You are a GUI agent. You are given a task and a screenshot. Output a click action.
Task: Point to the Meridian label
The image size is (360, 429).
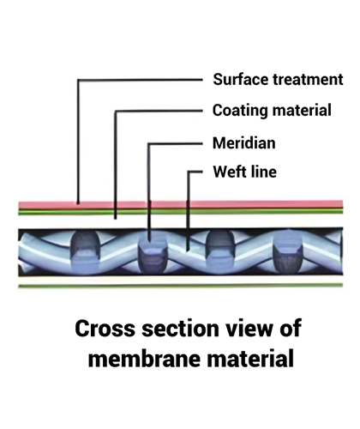point(244,143)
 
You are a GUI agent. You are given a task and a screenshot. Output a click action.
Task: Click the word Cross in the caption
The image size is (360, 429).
point(105,329)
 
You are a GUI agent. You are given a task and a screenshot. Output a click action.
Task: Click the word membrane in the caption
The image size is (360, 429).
point(144,359)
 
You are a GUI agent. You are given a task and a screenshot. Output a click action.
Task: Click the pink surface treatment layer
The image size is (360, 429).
point(181,205)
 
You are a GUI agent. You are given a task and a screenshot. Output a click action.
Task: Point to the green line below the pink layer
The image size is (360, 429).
point(181,212)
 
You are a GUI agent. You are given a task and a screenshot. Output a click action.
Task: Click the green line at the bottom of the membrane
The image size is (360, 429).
point(181,286)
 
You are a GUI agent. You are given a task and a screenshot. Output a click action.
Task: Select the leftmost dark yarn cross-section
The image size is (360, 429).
point(85,247)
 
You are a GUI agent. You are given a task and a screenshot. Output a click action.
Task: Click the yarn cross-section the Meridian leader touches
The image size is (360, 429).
point(153,255)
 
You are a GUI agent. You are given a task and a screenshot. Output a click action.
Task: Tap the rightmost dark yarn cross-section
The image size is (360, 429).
point(287,252)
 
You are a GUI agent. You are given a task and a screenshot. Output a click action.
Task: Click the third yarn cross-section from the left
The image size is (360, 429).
point(220,247)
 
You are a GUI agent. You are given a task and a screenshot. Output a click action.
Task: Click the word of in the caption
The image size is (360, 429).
point(290,329)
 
